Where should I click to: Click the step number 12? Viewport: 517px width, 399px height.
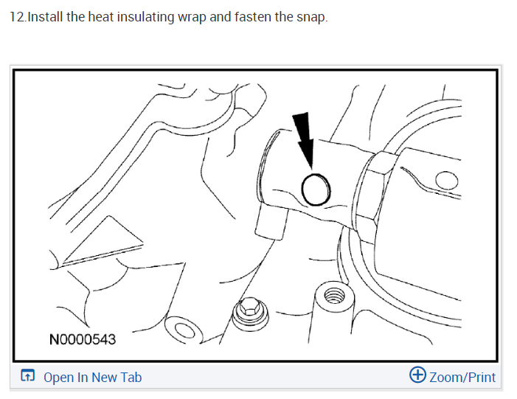pyautogui.click(x=16, y=16)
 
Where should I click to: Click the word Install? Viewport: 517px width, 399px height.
pyautogui.click(x=44, y=16)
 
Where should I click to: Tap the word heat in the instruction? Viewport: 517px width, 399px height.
pyautogui.click(x=100, y=16)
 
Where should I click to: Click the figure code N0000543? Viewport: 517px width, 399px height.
pyautogui.click(x=82, y=340)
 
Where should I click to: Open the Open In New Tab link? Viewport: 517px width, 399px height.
pyautogui.click(x=92, y=378)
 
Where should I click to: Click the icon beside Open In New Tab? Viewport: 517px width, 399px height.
pyautogui.click(x=27, y=377)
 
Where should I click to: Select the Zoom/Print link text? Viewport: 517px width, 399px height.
pyautogui.click(x=462, y=378)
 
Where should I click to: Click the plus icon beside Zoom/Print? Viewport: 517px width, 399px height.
pyautogui.click(x=417, y=376)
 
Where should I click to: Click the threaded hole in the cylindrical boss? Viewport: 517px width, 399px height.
pyautogui.click(x=333, y=298)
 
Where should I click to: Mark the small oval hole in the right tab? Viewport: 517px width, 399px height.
pyautogui.click(x=445, y=181)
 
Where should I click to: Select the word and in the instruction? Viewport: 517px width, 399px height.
pyautogui.click(x=220, y=16)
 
